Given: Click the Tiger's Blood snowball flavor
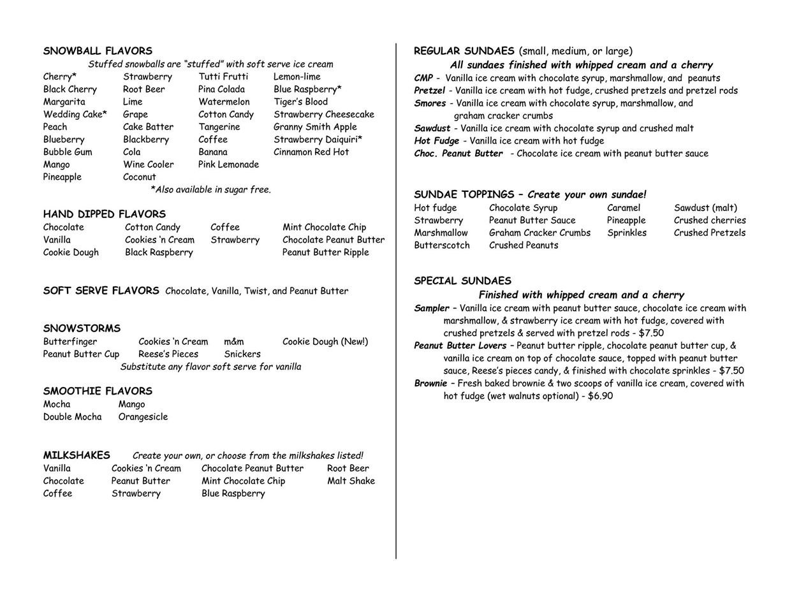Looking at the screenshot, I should click(x=300, y=102).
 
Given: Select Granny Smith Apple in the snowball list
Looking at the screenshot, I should click(x=315, y=127).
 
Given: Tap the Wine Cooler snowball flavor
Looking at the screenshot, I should click(x=148, y=164).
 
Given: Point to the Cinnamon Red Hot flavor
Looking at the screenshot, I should click(x=311, y=152).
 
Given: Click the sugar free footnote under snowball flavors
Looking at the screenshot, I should click(x=210, y=189).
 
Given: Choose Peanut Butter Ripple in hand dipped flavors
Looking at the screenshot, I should click(x=325, y=252).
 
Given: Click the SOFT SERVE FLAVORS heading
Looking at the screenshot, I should click(x=101, y=291).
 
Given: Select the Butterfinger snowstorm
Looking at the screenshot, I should click(x=70, y=342).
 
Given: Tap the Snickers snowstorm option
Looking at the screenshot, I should click(x=242, y=354).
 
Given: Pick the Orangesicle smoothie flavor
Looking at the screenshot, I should click(x=143, y=417).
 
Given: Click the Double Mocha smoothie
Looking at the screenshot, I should click(x=72, y=417).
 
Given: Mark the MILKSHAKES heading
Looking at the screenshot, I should click(x=77, y=455).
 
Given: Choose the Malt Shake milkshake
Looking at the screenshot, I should click(x=351, y=481).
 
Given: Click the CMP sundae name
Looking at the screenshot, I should click(x=423, y=78).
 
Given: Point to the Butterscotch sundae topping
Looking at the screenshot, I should click(x=442, y=245).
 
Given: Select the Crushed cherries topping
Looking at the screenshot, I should click(x=710, y=221).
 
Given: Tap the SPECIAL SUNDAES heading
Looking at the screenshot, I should click(x=462, y=281).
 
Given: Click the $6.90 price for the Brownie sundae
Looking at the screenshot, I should click(x=600, y=396).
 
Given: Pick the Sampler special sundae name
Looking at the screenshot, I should click(x=432, y=309).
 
